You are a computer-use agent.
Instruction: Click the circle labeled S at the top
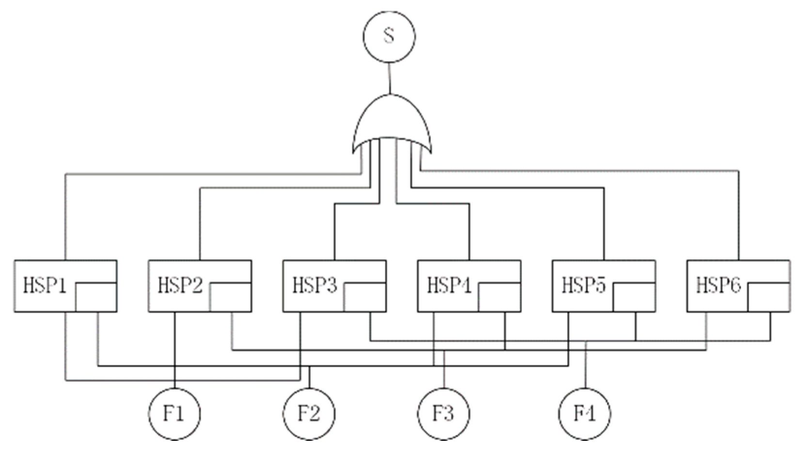click(389, 36)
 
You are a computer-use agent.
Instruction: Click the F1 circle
click(174, 414)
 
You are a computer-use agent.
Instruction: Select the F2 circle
click(309, 414)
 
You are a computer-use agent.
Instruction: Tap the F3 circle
click(443, 414)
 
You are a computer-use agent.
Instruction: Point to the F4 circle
click(584, 414)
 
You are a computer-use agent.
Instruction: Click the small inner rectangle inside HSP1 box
click(96, 296)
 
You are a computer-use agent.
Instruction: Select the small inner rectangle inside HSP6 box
click(769, 296)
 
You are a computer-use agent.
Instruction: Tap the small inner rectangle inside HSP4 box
click(500, 296)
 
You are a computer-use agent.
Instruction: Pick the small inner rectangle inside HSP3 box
click(365, 296)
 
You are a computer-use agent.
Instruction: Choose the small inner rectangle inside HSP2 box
click(230, 296)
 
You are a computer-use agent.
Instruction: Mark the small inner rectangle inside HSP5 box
click(634, 296)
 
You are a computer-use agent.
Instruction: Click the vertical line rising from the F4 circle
click(586, 369)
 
